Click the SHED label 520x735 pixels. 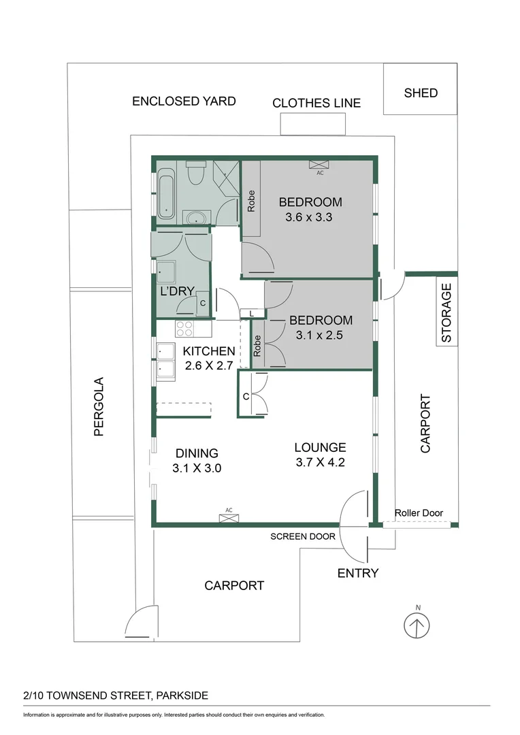[421, 93]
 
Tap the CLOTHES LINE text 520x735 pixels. [316, 103]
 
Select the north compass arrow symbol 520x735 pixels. [417, 626]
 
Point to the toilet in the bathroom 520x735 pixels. [195, 172]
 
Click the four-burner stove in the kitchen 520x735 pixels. [184, 329]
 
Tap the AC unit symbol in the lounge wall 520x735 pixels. [229, 518]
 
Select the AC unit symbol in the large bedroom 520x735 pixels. [319, 165]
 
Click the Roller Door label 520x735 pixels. [419, 513]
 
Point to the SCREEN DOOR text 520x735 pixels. [303, 537]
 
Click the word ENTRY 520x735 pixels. [358, 573]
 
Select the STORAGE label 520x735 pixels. [446, 312]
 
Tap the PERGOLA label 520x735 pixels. [99, 407]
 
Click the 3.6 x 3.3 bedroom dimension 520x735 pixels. [309, 217]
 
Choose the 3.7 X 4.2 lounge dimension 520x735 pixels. [321, 462]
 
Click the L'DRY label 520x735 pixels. [177, 291]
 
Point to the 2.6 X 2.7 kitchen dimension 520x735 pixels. [209, 365]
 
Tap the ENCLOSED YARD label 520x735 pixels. [184, 101]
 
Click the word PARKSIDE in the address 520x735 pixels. [182, 696]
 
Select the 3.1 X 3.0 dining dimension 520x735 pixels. [197, 468]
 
